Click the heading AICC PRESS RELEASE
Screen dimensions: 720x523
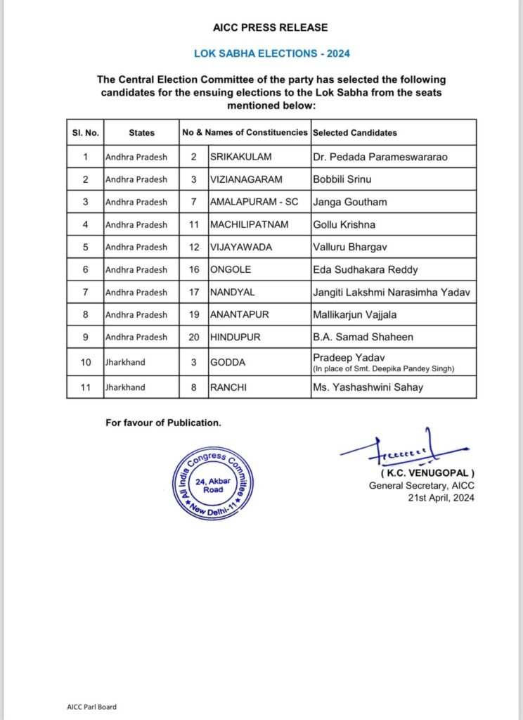271,28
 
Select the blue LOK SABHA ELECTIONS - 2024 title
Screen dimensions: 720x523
271,53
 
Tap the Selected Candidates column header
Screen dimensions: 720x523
354,132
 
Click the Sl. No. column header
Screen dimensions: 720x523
85,132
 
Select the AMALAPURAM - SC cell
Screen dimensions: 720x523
254,202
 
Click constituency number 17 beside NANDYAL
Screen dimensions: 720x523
193,292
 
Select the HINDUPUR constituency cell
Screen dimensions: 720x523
235,337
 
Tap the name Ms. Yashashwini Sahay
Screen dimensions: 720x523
368,387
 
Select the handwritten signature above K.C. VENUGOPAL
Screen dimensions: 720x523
401,450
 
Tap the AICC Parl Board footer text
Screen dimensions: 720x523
86,707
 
